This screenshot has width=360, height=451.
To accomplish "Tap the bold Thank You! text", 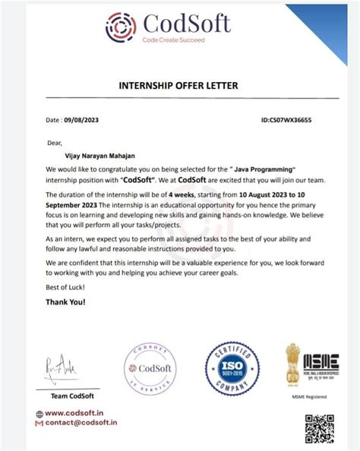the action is click(66, 302).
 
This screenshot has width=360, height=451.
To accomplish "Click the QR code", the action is click(320, 430).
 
